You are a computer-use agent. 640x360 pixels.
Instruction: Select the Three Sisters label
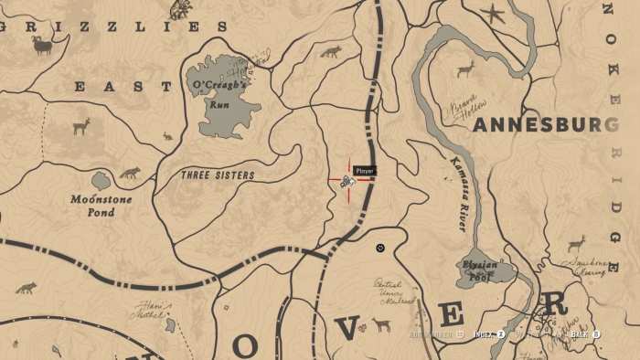[217, 175]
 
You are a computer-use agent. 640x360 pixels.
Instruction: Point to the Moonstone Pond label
[101, 206]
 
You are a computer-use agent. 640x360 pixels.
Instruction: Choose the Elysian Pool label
[481, 271]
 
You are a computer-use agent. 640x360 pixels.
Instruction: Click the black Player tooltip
[364, 171]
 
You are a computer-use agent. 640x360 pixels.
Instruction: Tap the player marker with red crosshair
[348, 181]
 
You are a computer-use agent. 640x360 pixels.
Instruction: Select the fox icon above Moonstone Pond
[129, 173]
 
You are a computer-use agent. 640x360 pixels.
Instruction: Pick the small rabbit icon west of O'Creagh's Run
[167, 136]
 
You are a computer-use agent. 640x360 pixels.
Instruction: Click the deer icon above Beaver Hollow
[465, 69]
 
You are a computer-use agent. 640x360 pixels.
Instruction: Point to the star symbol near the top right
[494, 15]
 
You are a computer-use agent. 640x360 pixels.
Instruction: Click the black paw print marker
[380, 247]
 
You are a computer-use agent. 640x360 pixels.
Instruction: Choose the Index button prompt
[489, 334]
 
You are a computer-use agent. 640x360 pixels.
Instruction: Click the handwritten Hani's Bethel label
[146, 310]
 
